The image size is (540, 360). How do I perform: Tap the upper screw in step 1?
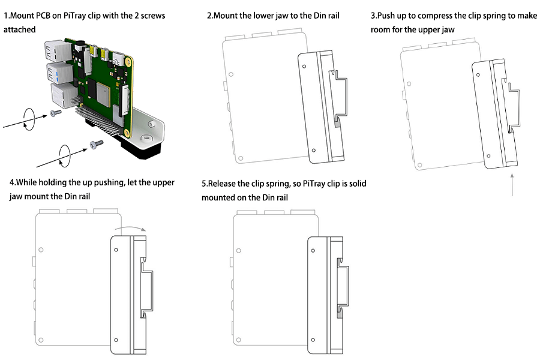click(56, 113)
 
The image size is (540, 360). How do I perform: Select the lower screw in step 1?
click(94, 144)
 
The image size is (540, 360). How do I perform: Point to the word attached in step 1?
click(20, 29)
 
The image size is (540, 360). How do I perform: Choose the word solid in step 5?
click(354, 183)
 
